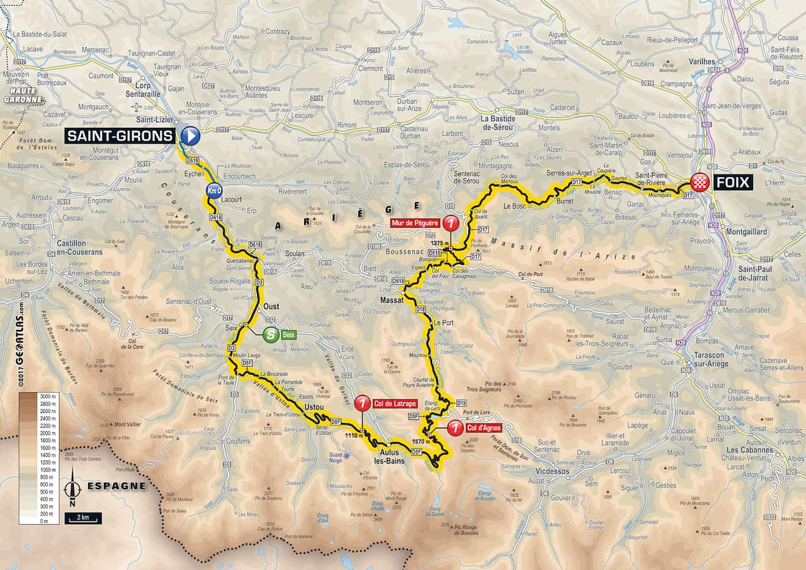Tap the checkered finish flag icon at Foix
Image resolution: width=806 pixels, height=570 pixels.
click(700, 183)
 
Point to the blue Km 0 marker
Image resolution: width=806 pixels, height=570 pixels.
click(214, 191)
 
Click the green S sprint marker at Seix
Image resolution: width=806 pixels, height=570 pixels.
click(271, 335)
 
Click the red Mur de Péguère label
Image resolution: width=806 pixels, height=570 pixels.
click(414, 222)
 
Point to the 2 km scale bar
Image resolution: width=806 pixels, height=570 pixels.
click(82, 518)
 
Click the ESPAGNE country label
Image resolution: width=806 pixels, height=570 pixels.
click(116, 486)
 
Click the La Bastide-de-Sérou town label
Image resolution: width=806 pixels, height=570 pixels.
click(497, 123)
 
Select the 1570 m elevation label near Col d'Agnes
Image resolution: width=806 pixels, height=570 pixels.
click(421, 442)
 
